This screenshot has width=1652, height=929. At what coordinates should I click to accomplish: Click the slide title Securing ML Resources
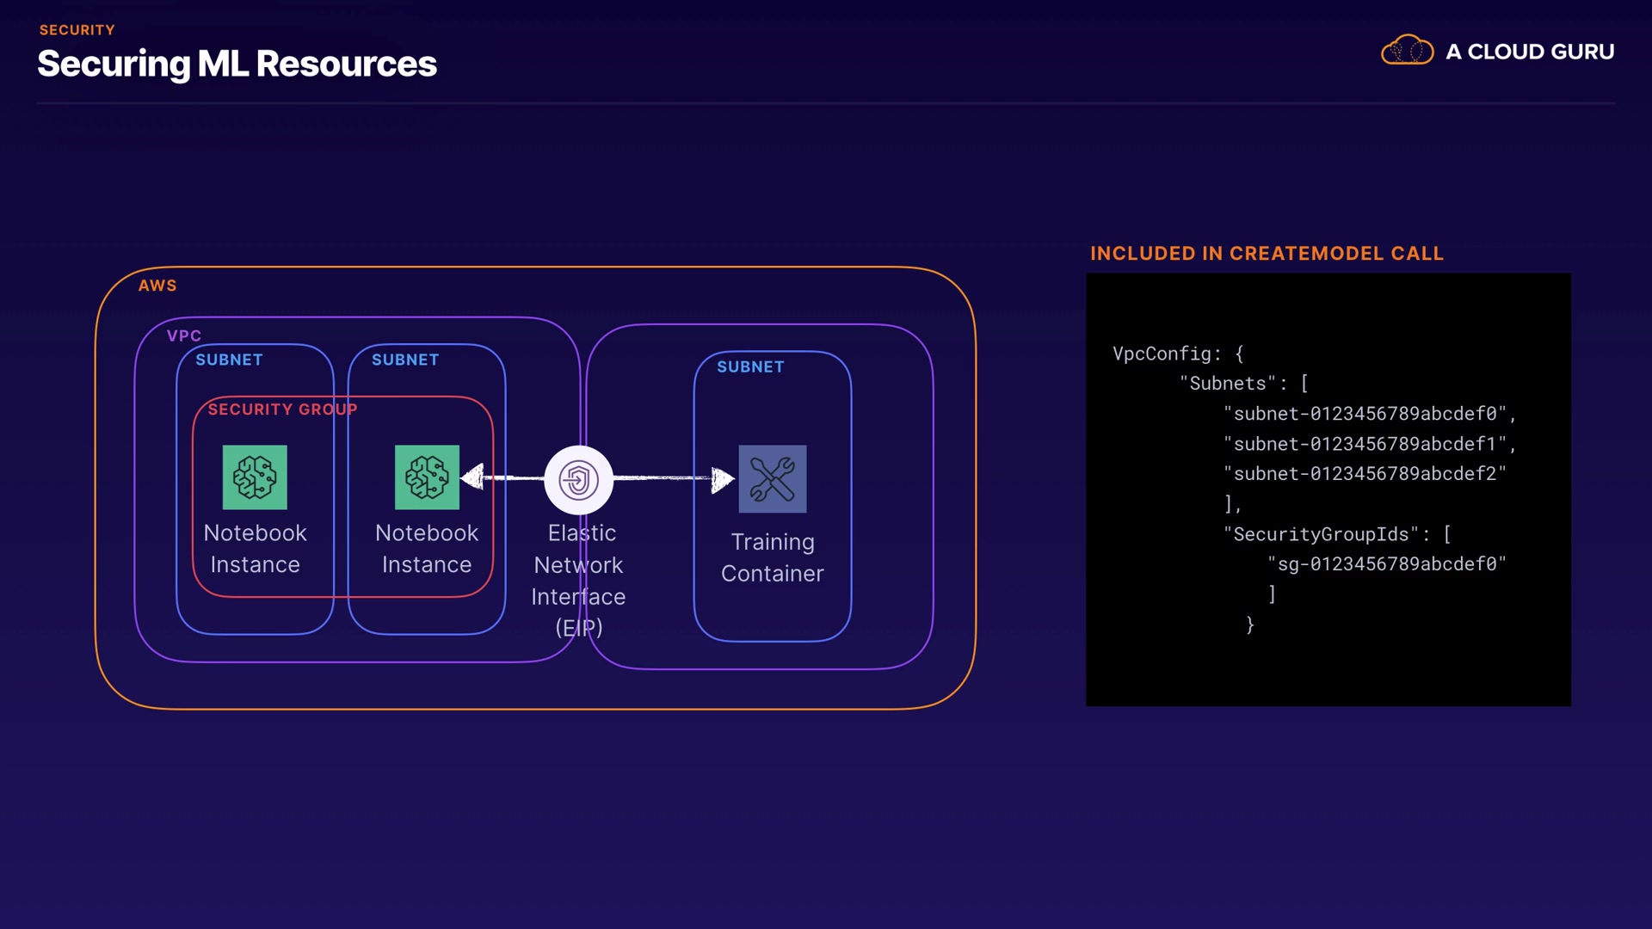237,65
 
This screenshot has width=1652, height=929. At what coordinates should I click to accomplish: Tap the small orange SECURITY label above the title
77,30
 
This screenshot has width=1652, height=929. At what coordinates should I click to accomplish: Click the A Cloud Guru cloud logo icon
1407,51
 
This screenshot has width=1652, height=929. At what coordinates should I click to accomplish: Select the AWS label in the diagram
157,286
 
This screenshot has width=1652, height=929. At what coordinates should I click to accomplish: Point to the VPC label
184,335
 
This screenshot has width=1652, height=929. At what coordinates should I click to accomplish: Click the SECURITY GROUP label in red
282,409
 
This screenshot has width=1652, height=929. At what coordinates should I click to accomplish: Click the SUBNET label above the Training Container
750,367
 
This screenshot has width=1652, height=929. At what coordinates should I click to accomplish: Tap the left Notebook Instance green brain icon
255,477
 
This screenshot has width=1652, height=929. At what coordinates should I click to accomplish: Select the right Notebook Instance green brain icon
427,477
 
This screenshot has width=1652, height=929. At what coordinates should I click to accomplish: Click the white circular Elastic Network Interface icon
579,480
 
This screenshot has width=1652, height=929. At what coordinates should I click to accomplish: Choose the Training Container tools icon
773,479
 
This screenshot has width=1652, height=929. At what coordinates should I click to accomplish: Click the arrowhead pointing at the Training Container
723,479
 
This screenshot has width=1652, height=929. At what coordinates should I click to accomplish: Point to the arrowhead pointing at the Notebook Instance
472,477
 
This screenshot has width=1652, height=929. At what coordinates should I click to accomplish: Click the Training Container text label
773,557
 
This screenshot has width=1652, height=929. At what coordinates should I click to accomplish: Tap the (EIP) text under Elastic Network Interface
579,628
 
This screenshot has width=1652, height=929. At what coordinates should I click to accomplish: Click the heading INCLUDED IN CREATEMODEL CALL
1267,254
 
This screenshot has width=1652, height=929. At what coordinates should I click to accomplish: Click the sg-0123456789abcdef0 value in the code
1386,564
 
